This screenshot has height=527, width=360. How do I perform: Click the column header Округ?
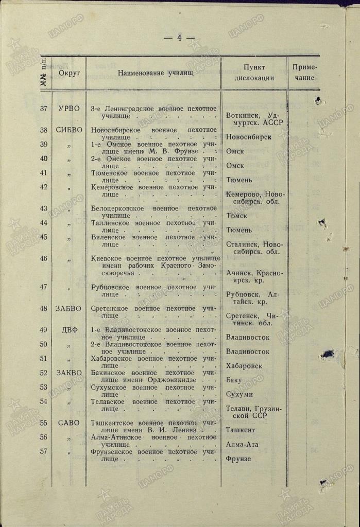tap(70, 73)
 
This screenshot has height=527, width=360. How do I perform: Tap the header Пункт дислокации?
tap(254, 73)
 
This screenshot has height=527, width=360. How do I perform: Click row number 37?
tap(44, 109)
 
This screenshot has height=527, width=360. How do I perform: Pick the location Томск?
tap(237, 216)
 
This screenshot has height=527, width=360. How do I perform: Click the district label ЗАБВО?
tap(69, 309)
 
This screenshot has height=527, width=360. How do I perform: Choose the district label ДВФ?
tap(69, 330)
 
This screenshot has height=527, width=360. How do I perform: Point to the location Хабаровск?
tap(244, 366)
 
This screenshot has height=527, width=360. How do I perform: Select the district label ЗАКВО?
tap(69, 373)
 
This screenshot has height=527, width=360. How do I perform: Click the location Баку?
tap(235, 380)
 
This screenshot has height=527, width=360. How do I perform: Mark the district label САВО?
tap(69, 423)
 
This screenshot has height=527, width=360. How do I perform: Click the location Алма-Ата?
tap(242, 445)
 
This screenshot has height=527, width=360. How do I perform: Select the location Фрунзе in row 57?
tap(238, 459)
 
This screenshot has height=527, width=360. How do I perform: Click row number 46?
tap(44, 258)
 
